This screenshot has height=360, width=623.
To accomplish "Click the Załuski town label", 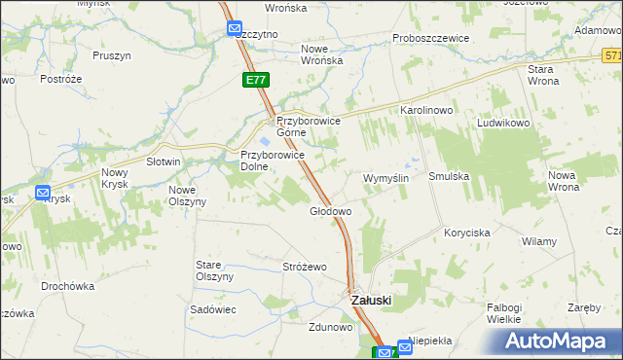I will tap(370, 301).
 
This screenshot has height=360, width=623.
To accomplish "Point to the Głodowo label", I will tap(330, 211).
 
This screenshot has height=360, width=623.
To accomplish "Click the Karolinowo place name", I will tap(426, 111).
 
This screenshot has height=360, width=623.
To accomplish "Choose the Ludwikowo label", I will tap(502, 125).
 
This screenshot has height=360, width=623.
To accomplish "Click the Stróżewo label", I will tap(304, 267).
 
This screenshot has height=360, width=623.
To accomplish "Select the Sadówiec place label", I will tap(213, 308).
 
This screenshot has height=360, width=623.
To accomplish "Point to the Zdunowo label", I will tap(330, 327).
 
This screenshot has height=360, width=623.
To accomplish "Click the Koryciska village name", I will tap(466, 233).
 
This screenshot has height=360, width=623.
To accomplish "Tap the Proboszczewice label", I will tap(431, 38).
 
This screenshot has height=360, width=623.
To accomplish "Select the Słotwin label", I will tap(163, 162).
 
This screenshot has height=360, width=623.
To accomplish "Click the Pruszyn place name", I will tap(112, 55).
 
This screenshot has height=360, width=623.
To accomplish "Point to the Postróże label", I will tap(58, 78).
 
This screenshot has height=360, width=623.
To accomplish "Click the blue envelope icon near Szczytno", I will tap(235, 28).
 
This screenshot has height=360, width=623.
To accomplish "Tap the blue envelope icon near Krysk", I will tap(43, 193).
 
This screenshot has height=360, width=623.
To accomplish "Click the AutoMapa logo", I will tap(556, 342).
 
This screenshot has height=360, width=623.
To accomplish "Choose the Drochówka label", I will tap(67, 286).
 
